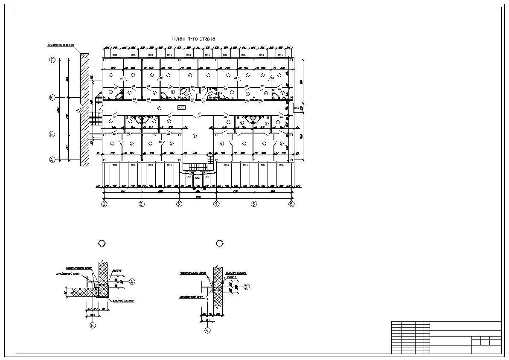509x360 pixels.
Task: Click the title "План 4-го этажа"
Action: click(193, 39)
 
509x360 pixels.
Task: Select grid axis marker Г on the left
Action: click(52, 61)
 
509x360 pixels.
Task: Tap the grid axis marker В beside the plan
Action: click(52, 98)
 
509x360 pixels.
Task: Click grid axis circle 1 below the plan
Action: click(104, 204)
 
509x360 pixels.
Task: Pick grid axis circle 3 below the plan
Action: click(179, 204)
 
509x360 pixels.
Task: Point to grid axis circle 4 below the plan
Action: click(216, 204)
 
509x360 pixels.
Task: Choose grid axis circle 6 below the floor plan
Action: click(291, 204)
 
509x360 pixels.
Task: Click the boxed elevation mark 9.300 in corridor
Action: click(181, 107)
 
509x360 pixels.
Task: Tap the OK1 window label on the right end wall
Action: click(297, 108)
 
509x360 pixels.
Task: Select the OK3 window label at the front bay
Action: click(198, 177)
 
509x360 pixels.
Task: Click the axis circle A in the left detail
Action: click(132, 282)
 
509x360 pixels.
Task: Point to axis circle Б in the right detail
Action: click(247, 287)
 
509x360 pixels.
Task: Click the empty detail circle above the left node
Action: click(102, 244)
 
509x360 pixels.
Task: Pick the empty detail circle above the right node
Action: click(220, 243)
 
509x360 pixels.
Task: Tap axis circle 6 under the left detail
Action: click(93, 325)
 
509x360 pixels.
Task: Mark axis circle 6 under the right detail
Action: click(207, 330)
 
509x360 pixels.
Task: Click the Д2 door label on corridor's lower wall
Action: click(199, 113)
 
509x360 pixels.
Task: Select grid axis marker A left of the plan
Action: click(52, 160)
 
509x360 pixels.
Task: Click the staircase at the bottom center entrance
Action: click(197, 168)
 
